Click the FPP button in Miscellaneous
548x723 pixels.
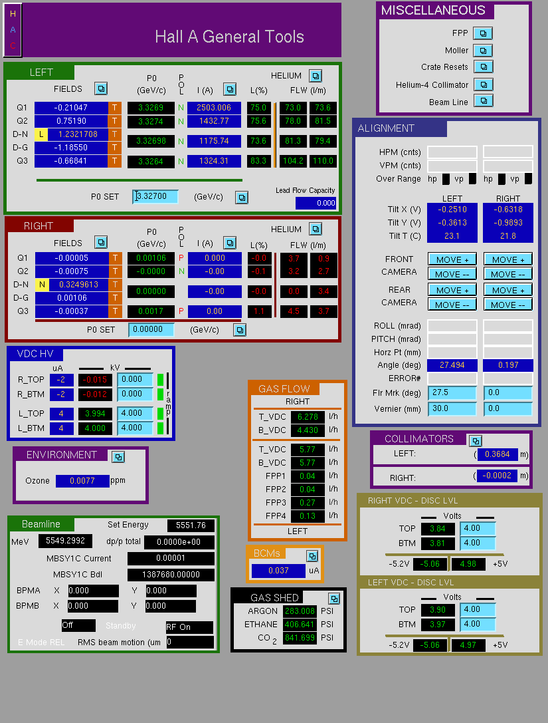click(x=483, y=33)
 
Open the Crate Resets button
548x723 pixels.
click(x=484, y=67)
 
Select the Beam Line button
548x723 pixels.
click(x=484, y=101)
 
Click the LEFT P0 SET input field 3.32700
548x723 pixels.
click(x=155, y=196)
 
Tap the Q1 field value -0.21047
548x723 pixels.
click(x=71, y=108)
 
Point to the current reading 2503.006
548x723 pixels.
click(x=214, y=108)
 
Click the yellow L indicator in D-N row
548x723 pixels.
click(x=41, y=134)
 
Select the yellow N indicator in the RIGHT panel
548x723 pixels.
click(x=42, y=285)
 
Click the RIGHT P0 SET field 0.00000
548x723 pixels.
click(x=151, y=330)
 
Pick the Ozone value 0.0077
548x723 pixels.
click(x=82, y=481)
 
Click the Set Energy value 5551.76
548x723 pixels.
click(x=191, y=525)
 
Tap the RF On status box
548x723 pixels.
click(x=189, y=627)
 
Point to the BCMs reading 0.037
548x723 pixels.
click(x=278, y=571)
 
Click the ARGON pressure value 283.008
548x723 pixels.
click(x=300, y=611)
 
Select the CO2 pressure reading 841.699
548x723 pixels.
click(x=300, y=638)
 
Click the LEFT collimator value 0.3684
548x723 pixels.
click(x=498, y=455)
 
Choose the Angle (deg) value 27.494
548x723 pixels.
click(x=452, y=365)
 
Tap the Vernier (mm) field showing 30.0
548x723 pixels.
click(x=452, y=408)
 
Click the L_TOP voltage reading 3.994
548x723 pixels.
click(x=95, y=414)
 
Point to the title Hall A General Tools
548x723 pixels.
click(x=229, y=37)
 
